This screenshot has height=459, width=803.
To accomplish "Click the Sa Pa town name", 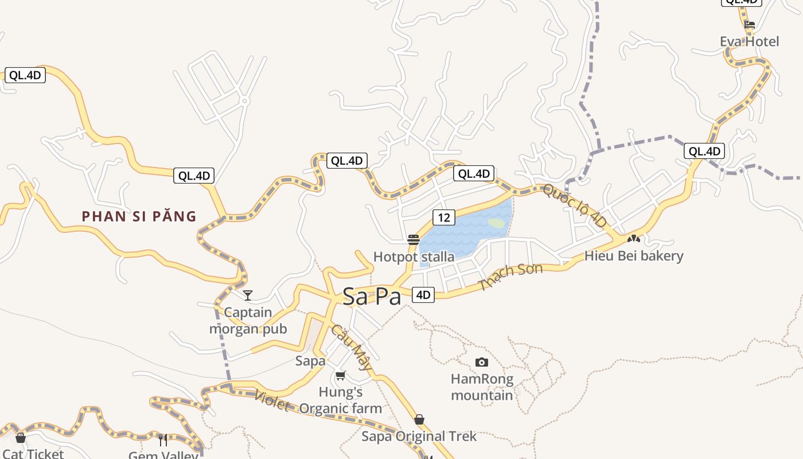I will click(x=371, y=296).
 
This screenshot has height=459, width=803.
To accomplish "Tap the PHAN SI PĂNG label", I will click(x=139, y=216).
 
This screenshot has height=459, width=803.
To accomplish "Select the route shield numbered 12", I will click(x=443, y=217).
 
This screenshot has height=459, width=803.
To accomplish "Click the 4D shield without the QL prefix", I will click(x=423, y=295).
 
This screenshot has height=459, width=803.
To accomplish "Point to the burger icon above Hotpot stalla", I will click(x=413, y=240).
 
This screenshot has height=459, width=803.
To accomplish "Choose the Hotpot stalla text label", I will click(x=414, y=256).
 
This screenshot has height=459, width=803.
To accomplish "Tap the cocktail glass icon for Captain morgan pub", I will click(x=248, y=295).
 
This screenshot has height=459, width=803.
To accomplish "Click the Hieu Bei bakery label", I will click(x=634, y=255).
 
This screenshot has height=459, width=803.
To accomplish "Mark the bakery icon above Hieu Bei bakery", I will click(x=633, y=238).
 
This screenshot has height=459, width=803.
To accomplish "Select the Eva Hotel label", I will click(x=750, y=41).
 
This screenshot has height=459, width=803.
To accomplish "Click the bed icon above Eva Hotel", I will click(x=749, y=25).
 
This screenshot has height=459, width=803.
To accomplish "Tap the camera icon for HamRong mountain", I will click(x=482, y=362).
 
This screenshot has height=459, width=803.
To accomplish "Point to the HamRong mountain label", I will click(x=482, y=387).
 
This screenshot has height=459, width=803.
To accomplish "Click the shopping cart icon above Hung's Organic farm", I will click(x=340, y=376).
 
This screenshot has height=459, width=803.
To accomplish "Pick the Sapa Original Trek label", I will click(x=419, y=436).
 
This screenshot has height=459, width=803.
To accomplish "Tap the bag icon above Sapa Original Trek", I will click(x=419, y=419).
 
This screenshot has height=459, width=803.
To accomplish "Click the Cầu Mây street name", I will click(x=352, y=347).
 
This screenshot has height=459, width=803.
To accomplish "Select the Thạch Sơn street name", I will click(x=510, y=277).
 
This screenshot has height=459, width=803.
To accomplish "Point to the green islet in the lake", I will click(x=497, y=223).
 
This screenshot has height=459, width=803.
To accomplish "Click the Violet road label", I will click(x=271, y=400).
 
